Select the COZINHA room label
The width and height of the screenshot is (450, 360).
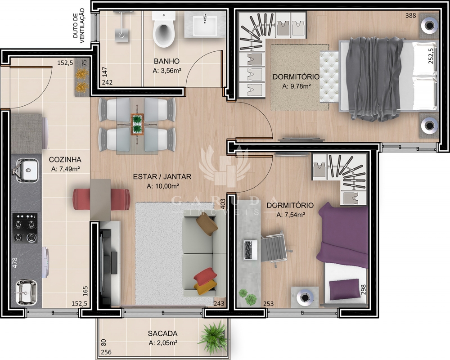coord(65,160)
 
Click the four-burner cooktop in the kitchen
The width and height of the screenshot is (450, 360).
coord(25,228)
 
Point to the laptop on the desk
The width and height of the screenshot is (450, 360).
coord(251,250)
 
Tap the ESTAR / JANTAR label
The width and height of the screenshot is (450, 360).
coord(162,176)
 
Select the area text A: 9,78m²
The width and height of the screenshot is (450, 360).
coord(297,86)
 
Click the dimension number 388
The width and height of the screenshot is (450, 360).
coord(410,15)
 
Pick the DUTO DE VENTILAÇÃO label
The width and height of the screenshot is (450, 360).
coord(79,26)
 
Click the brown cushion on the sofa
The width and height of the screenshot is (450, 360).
coord(207,225)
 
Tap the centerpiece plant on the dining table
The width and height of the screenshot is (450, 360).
coord(137,124)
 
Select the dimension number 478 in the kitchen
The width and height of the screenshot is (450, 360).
coord(15,263)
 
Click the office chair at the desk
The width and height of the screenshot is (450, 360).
coord(274,248)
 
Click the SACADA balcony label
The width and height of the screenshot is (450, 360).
coord(162,333)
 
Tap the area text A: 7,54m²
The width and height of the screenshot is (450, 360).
coord(290,215)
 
